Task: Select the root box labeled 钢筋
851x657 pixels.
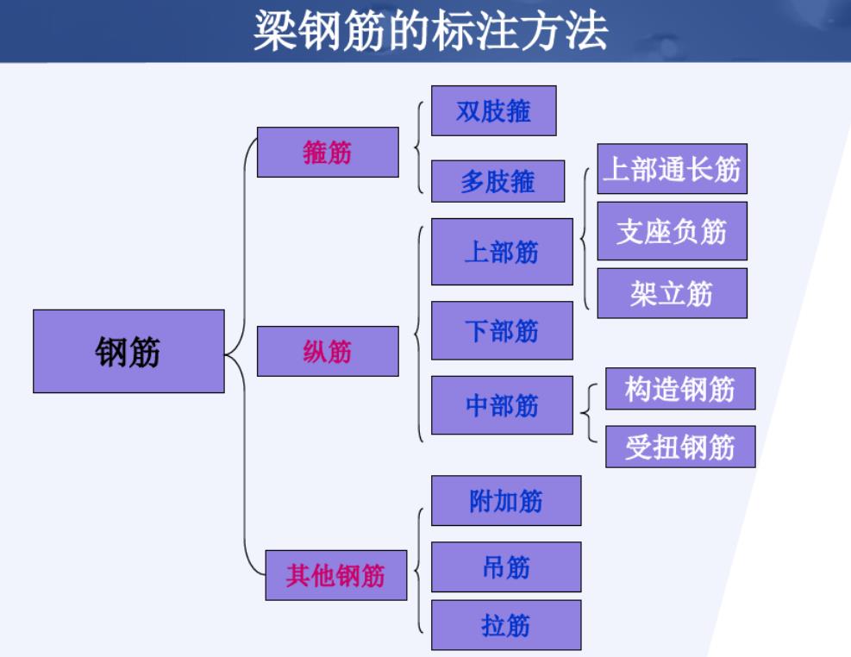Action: (128, 351)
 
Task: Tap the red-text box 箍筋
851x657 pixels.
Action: (328, 153)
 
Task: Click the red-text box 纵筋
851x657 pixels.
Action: (328, 351)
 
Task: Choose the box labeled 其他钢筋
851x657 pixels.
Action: (335, 575)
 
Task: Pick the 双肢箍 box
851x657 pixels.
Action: (493, 110)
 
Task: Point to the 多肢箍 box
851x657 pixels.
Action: (497, 181)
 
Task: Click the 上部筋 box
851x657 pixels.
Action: (502, 252)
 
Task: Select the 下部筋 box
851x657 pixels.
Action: (502, 330)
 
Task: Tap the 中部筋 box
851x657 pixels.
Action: (502, 405)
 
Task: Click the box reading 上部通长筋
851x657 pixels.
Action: (672, 169)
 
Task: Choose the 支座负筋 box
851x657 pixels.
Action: (672, 231)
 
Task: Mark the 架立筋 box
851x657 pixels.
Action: (672, 293)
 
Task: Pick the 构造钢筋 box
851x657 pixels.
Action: (680, 389)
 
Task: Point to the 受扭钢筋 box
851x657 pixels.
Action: (680, 447)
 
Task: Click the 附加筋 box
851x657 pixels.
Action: (506, 500)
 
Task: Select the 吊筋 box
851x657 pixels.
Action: (506, 566)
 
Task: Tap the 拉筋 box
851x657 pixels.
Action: (506, 625)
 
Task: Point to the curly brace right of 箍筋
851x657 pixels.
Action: (418, 147)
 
